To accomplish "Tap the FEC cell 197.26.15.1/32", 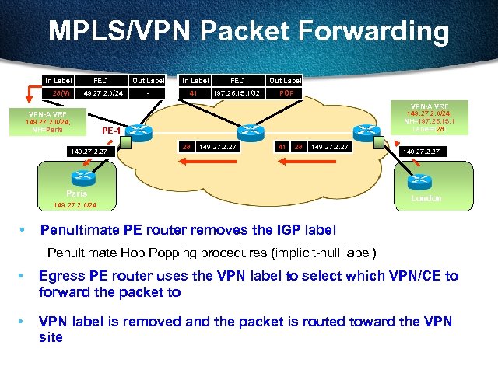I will coord(237,93).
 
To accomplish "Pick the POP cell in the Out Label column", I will coord(286,93).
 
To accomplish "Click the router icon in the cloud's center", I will coord(250,131).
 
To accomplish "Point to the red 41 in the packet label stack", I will coord(282,146).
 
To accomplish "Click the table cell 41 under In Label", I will coord(195,93).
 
